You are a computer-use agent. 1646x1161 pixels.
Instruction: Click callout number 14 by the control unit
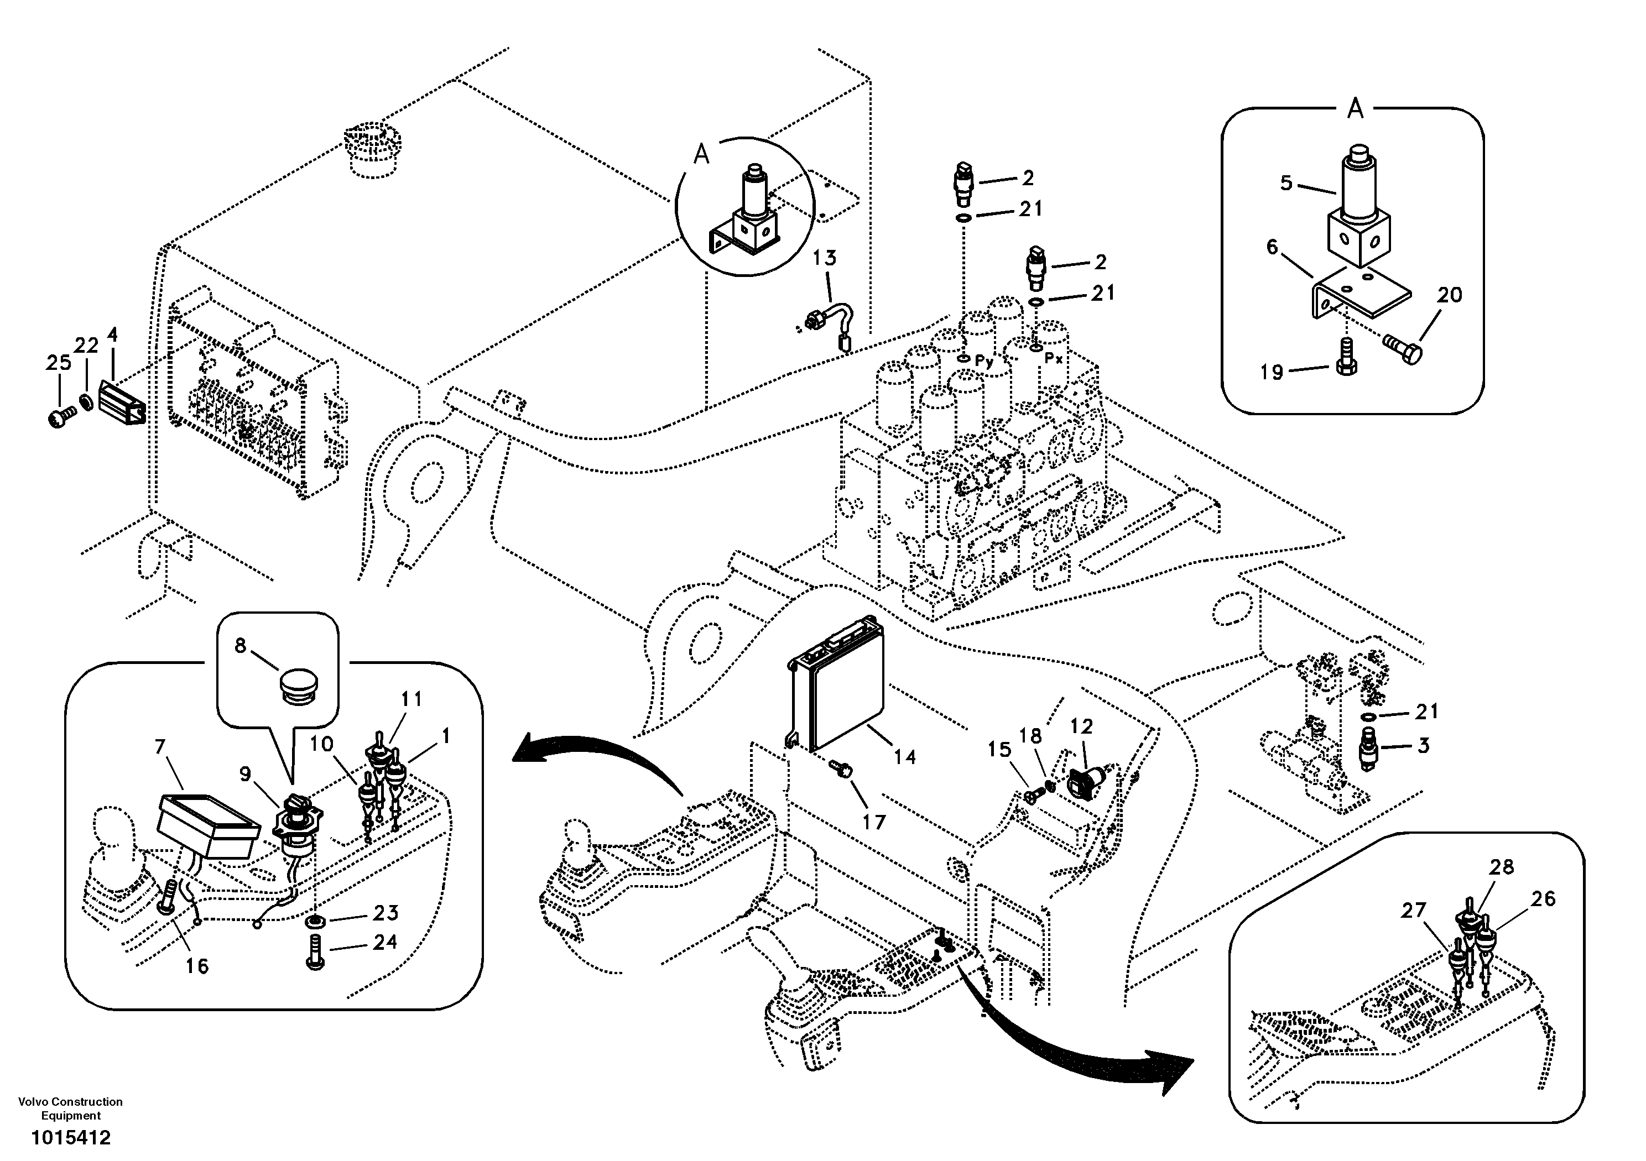[905, 757]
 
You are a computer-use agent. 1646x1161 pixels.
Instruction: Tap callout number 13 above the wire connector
[825, 258]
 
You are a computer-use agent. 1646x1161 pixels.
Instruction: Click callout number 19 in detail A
[1271, 372]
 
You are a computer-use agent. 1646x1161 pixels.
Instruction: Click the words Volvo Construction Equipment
[70, 1108]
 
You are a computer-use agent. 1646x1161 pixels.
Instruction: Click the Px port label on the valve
[1053, 359]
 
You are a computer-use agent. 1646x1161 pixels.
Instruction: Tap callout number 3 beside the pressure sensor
[1423, 745]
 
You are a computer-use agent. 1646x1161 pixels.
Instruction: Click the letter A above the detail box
[1355, 109]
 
